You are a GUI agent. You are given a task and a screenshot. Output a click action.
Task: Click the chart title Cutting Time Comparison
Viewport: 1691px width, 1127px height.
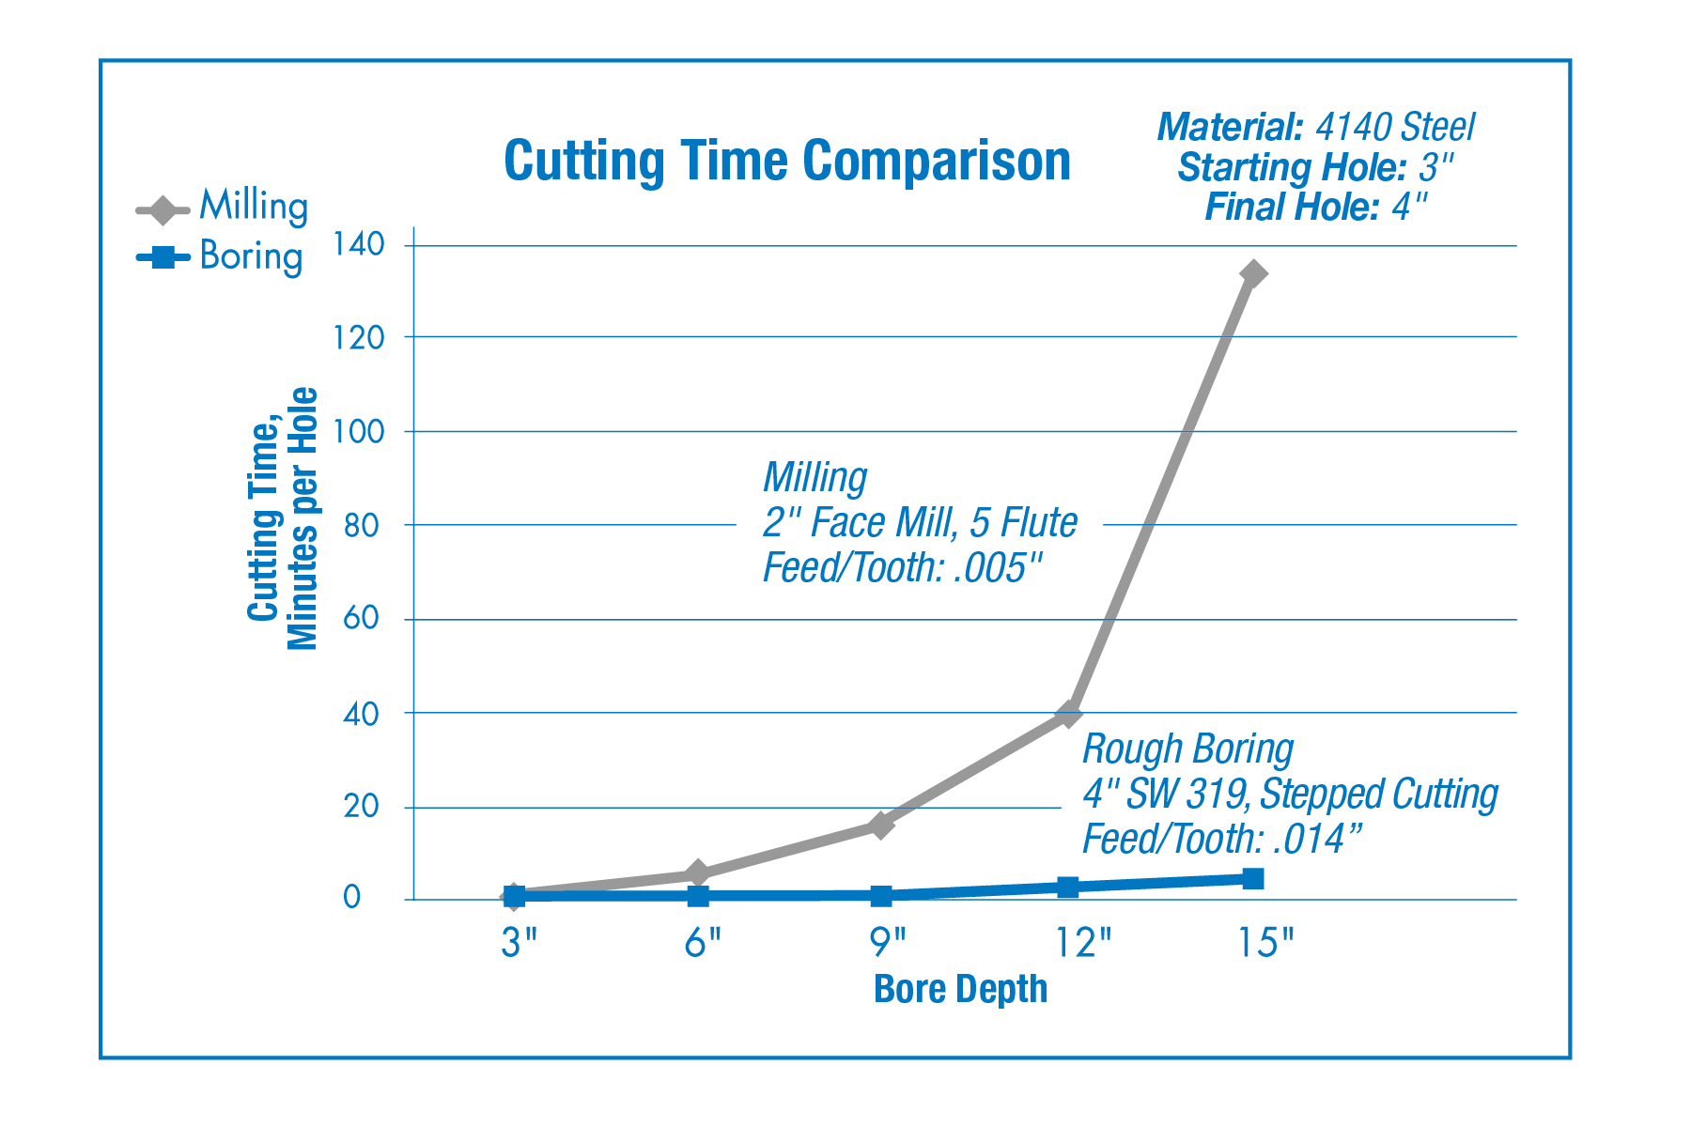pyautogui.click(x=787, y=161)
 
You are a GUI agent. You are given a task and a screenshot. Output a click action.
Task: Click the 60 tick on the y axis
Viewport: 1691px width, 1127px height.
pyautogui.click(x=362, y=619)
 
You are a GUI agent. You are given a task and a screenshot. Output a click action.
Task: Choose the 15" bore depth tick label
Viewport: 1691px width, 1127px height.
pyautogui.click(x=1264, y=942)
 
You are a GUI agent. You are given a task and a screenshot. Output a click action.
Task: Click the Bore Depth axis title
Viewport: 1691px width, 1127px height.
pyautogui.click(x=960, y=989)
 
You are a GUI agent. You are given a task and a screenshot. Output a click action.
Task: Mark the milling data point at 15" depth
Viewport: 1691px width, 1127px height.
pyautogui.click(x=1253, y=274)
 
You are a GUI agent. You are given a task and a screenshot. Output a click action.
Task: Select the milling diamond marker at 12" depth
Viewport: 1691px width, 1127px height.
pyautogui.click(x=1068, y=714)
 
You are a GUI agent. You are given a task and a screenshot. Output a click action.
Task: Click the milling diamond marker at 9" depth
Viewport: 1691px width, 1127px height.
pyautogui.click(x=881, y=826)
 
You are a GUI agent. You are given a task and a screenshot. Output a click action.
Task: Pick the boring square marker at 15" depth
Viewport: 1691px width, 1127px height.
pyautogui.click(x=1253, y=879)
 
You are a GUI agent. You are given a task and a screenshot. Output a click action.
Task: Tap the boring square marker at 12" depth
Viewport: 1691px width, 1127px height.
pyautogui.click(x=1068, y=887)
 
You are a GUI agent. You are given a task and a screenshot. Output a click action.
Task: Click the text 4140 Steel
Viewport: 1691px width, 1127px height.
pyautogui.click(x=1395, y=128)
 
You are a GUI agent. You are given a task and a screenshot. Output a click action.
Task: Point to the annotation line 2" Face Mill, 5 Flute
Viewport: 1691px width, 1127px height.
pyautogui.click(x=920, y=523)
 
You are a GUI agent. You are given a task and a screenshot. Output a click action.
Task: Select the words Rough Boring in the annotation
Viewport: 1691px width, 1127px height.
pyautogui.click(x=1187, y=749)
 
